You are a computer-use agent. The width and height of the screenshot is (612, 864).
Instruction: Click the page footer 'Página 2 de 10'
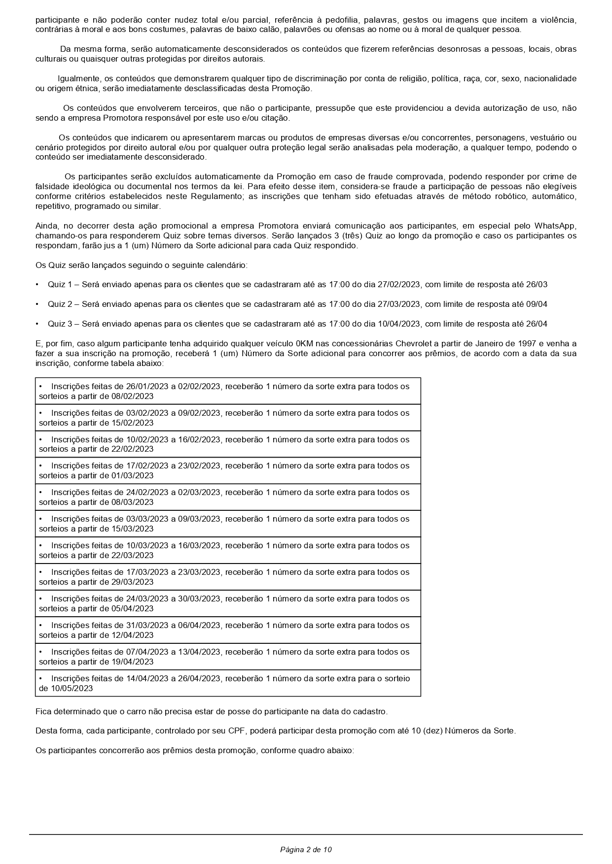click(x=306, y=849)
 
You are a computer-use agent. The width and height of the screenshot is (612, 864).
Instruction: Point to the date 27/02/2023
click(x=398, y=285)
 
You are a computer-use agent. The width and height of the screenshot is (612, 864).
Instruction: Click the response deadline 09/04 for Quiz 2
click(x=537, y=304)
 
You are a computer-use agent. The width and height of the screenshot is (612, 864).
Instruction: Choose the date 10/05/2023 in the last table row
click(x=72, y=689)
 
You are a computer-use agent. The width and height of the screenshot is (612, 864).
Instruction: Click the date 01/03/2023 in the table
click(x=133, y=476)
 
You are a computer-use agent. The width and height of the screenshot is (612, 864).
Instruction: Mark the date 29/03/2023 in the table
click(x=133, y=582)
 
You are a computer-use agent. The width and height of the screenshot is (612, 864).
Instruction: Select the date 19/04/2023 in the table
click(x=133, y=662)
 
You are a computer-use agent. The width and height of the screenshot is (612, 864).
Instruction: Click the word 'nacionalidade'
click(x=550, y=79)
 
